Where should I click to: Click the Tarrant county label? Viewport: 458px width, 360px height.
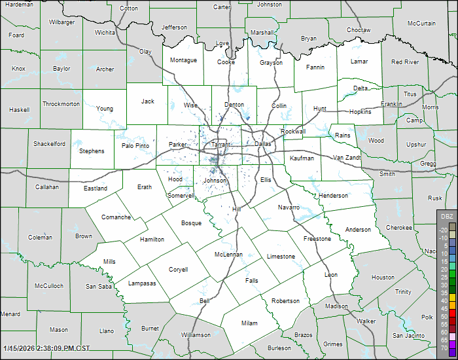tap(220, 144)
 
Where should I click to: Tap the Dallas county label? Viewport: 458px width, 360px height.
tap(262, 143)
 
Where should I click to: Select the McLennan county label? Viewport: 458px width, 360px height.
tap(228, 255)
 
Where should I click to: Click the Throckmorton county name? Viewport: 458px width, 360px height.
tap(61, 104)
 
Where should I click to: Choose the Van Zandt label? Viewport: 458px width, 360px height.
tap(347, 158)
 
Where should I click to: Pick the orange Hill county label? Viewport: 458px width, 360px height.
tap(237, 209)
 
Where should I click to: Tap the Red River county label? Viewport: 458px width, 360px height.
tap(405, 62)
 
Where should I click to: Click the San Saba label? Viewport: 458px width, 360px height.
tap(99, 287)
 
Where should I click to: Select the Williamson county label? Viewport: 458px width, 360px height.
tap(196, 335)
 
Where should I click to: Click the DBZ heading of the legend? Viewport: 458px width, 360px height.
tap(447, 216)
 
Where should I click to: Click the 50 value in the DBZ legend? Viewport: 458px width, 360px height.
tap(445, 316)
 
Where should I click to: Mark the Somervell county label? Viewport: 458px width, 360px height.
tap(181, 196)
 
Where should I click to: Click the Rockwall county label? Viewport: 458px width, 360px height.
tap(293, 131)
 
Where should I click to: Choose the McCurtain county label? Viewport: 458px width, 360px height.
tap(421, 24)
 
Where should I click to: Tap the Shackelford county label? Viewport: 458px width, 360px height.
tap(50, 144)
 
